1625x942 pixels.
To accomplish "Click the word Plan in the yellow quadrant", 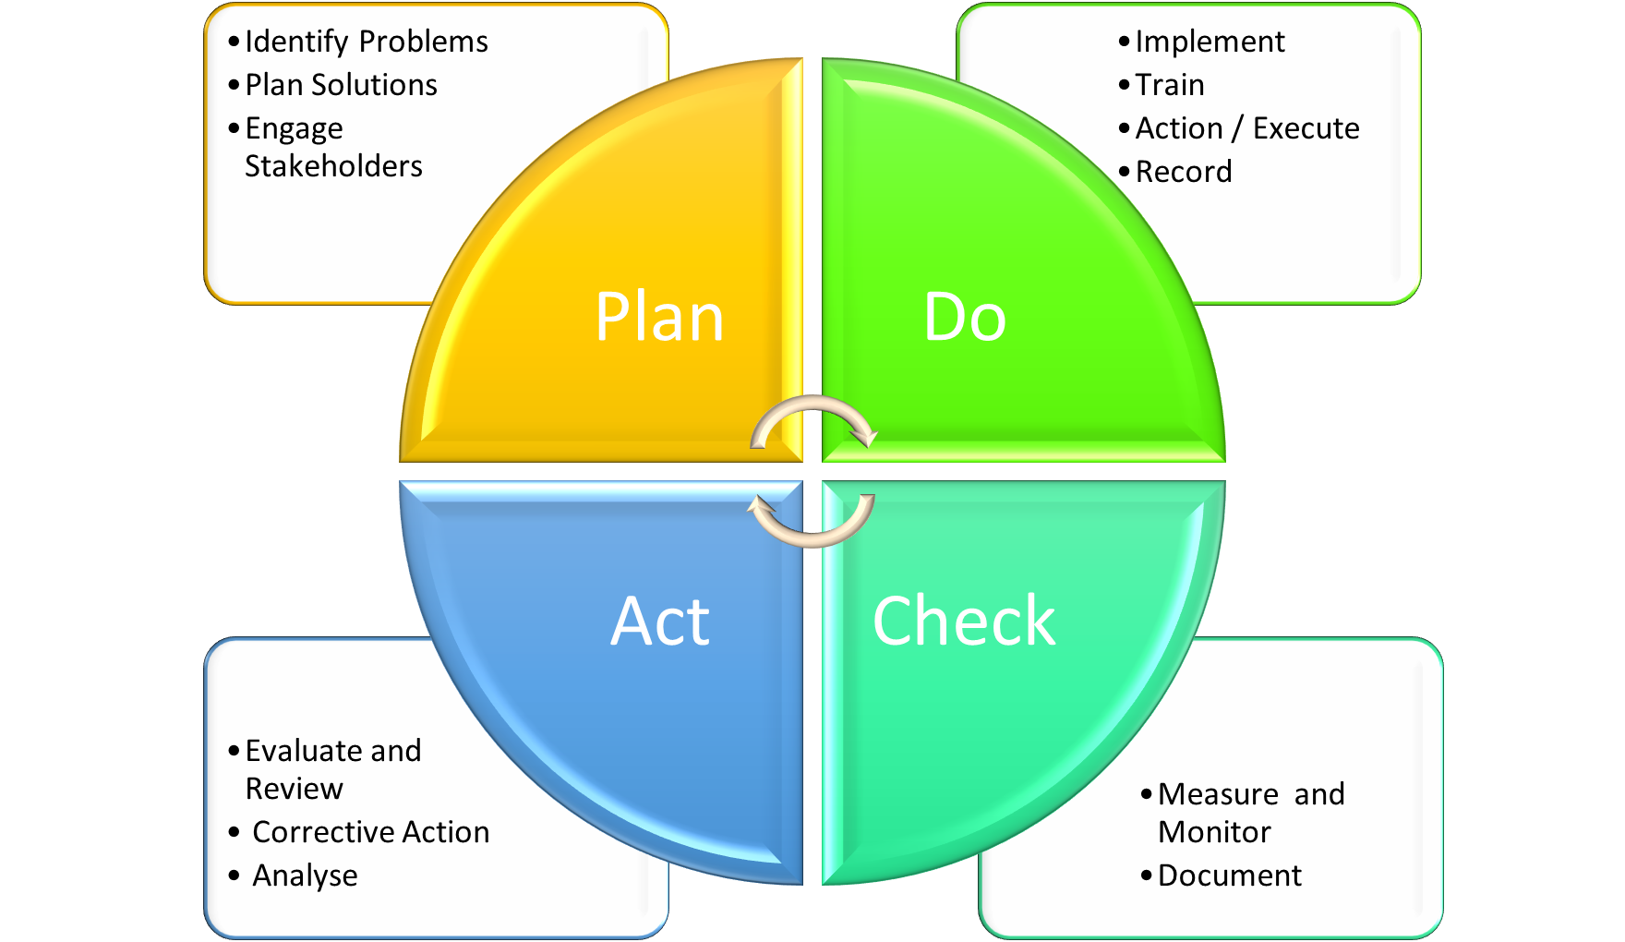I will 659,317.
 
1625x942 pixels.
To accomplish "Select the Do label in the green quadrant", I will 964,317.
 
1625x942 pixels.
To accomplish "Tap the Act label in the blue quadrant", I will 660,621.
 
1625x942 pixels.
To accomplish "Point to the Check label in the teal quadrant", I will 964,621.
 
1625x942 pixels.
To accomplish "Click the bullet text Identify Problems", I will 366,42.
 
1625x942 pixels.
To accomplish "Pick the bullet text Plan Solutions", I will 341,85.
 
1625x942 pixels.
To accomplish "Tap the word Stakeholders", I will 333,166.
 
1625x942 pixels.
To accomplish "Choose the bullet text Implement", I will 1210,42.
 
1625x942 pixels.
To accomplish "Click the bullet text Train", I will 1170,85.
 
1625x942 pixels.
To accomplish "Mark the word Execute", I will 1306,128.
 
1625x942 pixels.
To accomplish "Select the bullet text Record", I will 1184,172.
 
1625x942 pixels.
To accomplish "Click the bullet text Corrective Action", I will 370,832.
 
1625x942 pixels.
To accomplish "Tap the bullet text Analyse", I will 305,876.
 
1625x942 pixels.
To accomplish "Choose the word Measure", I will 1218,794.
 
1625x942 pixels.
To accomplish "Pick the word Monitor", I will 1214,832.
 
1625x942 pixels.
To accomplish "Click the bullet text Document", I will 1229,876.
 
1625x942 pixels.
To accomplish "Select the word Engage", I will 294,129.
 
